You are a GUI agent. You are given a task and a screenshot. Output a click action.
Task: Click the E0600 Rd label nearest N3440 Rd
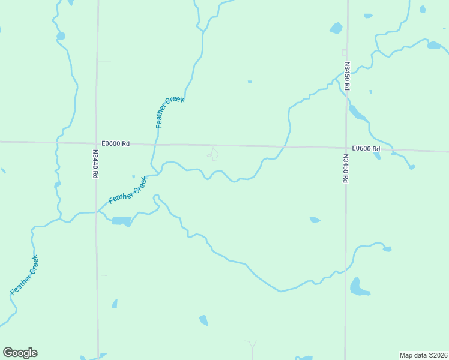116,143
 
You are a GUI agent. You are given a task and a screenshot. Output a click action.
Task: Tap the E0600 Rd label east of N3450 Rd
366,148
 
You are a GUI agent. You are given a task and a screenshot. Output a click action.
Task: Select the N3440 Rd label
95,164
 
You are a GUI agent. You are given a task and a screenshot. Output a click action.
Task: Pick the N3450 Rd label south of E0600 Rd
346,169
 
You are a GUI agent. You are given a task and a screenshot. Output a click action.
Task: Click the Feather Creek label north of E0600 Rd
169,112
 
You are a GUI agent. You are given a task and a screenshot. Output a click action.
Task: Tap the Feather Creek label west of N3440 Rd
25,275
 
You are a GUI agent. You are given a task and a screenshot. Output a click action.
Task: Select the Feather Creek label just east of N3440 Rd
127,190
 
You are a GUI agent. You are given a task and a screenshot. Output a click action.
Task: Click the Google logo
20,353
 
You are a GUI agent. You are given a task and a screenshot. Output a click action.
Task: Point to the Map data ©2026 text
423,355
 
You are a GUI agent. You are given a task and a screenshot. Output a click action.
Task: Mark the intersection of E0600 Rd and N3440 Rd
96,143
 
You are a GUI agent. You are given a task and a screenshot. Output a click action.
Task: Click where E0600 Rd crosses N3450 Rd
346,148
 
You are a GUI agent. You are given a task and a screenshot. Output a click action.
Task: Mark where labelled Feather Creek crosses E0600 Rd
155,144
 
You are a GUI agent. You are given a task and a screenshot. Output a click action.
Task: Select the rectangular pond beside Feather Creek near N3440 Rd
121,221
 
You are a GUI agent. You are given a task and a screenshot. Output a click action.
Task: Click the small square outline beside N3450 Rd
345,52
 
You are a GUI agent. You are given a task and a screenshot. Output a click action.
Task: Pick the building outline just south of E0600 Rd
213,154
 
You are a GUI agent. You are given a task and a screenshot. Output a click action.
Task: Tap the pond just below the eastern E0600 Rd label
376,156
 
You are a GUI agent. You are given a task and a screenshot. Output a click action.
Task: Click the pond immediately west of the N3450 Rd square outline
336,28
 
